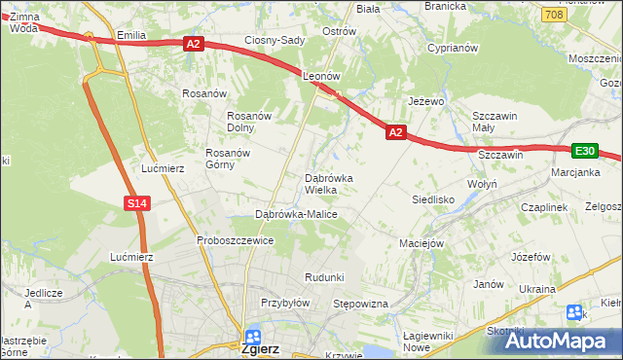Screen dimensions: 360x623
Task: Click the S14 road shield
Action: click(138, 202)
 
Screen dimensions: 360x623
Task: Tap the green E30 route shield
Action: click(584, 151)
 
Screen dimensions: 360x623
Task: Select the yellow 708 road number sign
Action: click(554, 15)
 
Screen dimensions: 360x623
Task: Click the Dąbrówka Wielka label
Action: click(335, 184)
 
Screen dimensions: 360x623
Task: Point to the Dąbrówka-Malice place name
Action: click(296, 214)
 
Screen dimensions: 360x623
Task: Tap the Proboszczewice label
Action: click(235, 240)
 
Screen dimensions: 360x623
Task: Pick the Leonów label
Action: click(320, 75)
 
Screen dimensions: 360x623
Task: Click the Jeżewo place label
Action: click(426, 100)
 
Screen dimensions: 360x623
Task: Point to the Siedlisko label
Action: click(434, 198)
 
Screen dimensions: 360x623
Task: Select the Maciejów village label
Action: click(421, 242)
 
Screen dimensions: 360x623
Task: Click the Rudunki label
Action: click(324, 277)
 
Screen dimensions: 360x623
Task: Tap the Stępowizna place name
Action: click(361, 305)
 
